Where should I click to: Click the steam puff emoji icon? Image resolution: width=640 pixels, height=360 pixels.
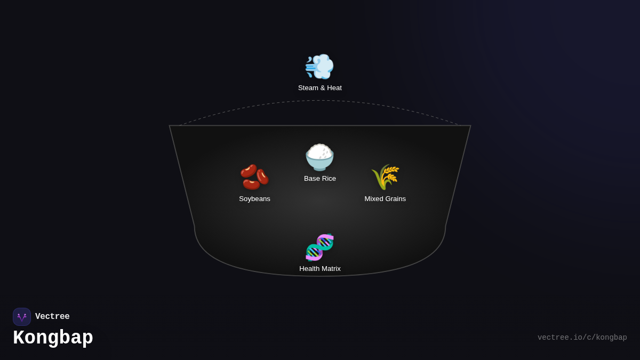319,67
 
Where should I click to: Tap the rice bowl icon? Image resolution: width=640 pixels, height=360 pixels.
319,157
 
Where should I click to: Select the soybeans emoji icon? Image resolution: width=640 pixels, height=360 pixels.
254,177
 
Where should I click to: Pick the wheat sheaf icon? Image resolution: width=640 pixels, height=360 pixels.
385,177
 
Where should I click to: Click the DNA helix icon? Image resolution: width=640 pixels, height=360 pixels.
319,247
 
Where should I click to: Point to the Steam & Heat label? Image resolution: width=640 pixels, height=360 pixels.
320,88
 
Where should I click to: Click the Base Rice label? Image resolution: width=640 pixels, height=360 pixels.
320,179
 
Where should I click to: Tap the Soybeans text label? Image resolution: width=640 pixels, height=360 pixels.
254,199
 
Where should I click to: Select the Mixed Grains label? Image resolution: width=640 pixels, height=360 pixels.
385,199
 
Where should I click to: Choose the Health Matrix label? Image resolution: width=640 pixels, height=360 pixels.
320,269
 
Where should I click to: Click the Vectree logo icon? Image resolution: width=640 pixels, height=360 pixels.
22,317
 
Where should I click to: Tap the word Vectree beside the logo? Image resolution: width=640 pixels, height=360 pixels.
52,317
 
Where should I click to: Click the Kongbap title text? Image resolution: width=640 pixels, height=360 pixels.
53,338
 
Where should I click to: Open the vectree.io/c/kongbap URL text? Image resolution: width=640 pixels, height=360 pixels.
582,338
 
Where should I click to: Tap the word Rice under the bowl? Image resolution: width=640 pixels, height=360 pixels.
328,179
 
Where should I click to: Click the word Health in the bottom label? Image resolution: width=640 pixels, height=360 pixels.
309,269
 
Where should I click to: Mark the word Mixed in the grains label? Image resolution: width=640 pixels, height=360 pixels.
374,199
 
